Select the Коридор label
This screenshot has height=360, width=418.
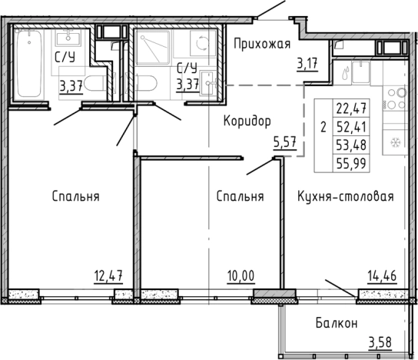(247, 121)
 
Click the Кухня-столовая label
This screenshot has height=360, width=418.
(346, 196)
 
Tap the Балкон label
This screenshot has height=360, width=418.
(336, 324)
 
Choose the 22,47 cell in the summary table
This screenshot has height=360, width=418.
(351, 108)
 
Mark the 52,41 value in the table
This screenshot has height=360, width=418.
(351, 125)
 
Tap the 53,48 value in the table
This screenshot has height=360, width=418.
(351, 143)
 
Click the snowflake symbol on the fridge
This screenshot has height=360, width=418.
(396, 143)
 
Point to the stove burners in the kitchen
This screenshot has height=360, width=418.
(396, 99)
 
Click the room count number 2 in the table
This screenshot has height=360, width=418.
(323, 127)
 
